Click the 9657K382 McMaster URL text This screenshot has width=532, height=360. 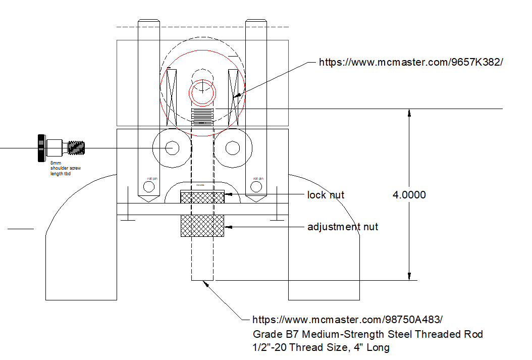click(x=411, y=62)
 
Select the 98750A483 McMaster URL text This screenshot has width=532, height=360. click(x=348, y=320)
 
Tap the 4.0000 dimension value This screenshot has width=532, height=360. click(x=409, y=195)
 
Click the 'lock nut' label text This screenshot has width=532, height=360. click(x=326, y=195)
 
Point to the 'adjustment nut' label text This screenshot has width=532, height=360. click(x=343, y=227)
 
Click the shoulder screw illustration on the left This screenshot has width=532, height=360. click(x=60, y=147)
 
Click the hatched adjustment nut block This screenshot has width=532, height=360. click(x=202, y=225)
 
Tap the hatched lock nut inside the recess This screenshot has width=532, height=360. click(x=202, y=197)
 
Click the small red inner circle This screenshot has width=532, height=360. click(x=202, y=91)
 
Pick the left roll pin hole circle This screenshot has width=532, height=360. click(x=149, y=187)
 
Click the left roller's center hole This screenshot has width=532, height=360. click(x=172, y=148)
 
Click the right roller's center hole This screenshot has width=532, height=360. click(x=233, y=148)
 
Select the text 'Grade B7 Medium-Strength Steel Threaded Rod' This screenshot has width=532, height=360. click(x=368, y=334)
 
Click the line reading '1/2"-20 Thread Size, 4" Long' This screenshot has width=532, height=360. click(x=321, y=347)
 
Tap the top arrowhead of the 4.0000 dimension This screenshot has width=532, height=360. click(x=409, y=113)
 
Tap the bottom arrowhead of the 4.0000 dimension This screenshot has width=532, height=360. click(x=409, y=276)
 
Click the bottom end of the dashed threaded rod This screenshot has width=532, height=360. click(x=202, y=279)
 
